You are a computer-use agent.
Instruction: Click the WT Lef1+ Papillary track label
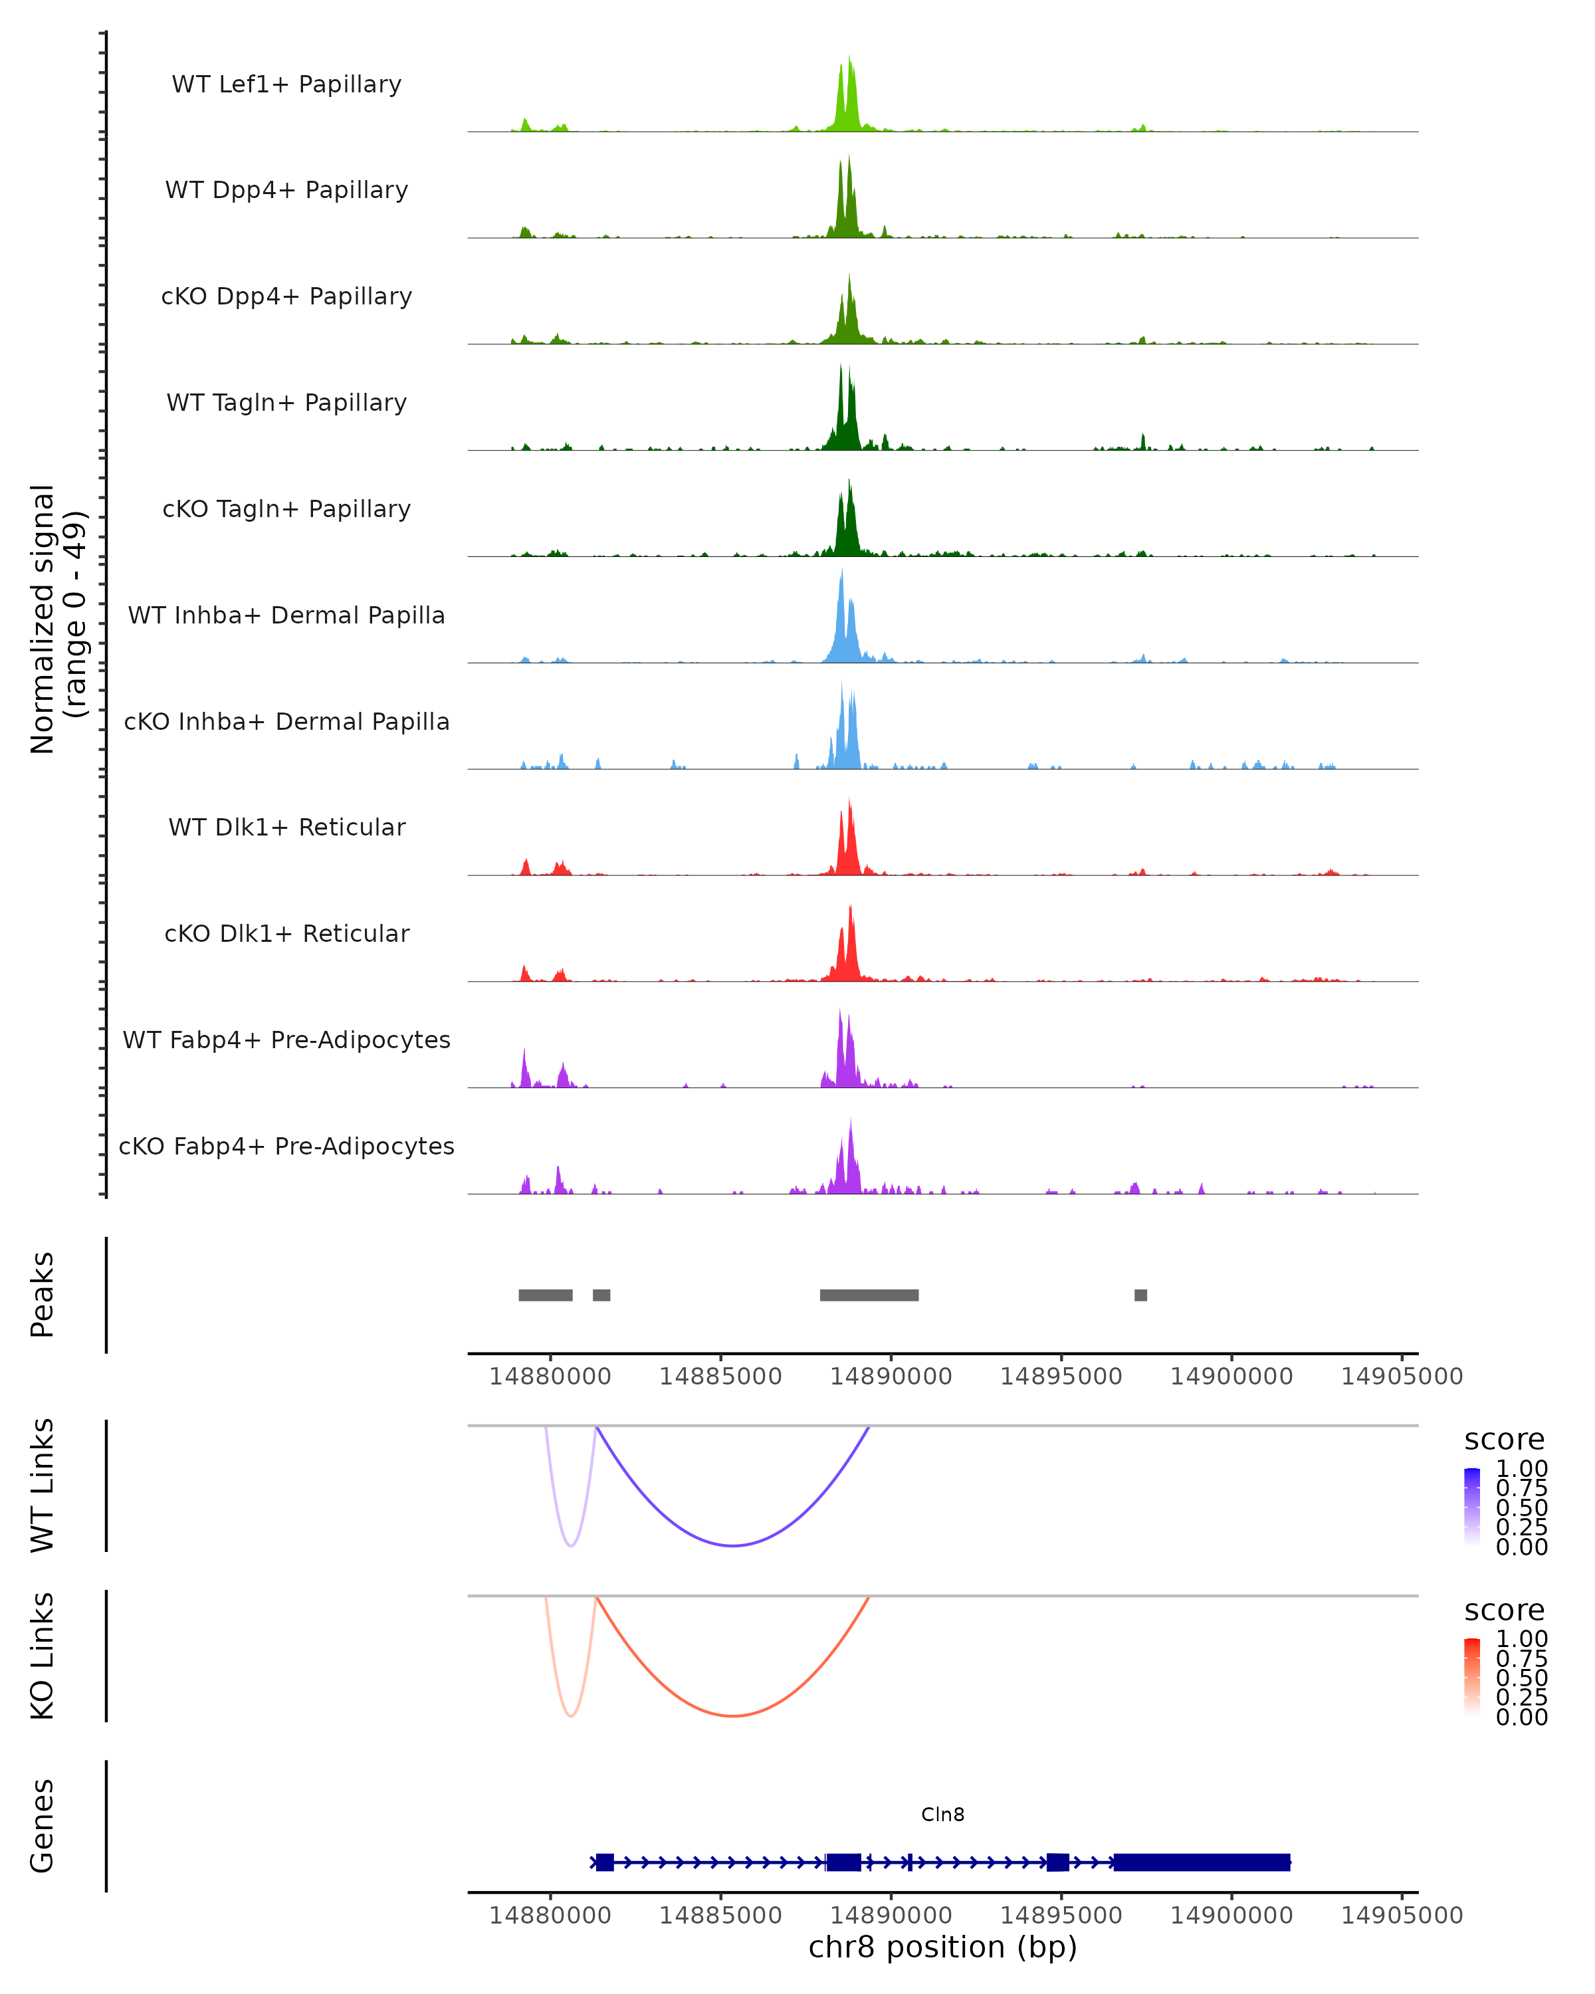click(x=286, y=84)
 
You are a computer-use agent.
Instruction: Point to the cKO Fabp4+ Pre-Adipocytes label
click(x=286, y=1146)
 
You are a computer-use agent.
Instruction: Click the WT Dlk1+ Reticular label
click(x=286, y=827)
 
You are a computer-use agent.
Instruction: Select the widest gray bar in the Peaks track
click(x=869, y=1295)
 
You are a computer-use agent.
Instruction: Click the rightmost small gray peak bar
click(x=1141, y=1295)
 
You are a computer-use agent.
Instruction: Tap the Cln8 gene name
click(x=942, y=1815)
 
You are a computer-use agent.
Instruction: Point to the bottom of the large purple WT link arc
click(x=732, y=1545)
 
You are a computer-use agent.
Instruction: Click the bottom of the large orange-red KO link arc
click(x=732, y=1716)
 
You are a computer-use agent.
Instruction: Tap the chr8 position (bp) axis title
click(x=942, y=1947)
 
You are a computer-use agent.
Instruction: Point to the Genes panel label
click(x=43, y=1826)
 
